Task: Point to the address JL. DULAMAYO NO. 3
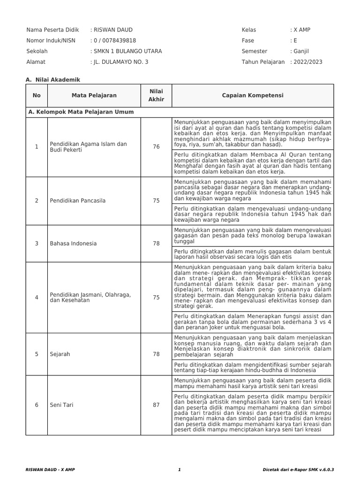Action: [120, 62]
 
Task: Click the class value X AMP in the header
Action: [302, 30]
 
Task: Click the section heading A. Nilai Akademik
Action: [52, 80]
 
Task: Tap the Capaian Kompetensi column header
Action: [252, 96]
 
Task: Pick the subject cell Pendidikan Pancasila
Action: [77, 201]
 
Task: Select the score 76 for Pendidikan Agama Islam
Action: [156, 147]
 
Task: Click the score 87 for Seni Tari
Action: [156, 405]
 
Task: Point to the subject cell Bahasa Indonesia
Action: [73, 244]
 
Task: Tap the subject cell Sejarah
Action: [60, 354]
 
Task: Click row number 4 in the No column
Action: [37, 297]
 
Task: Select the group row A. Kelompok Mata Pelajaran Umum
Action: [81, 112]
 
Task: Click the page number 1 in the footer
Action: [180, 469]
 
